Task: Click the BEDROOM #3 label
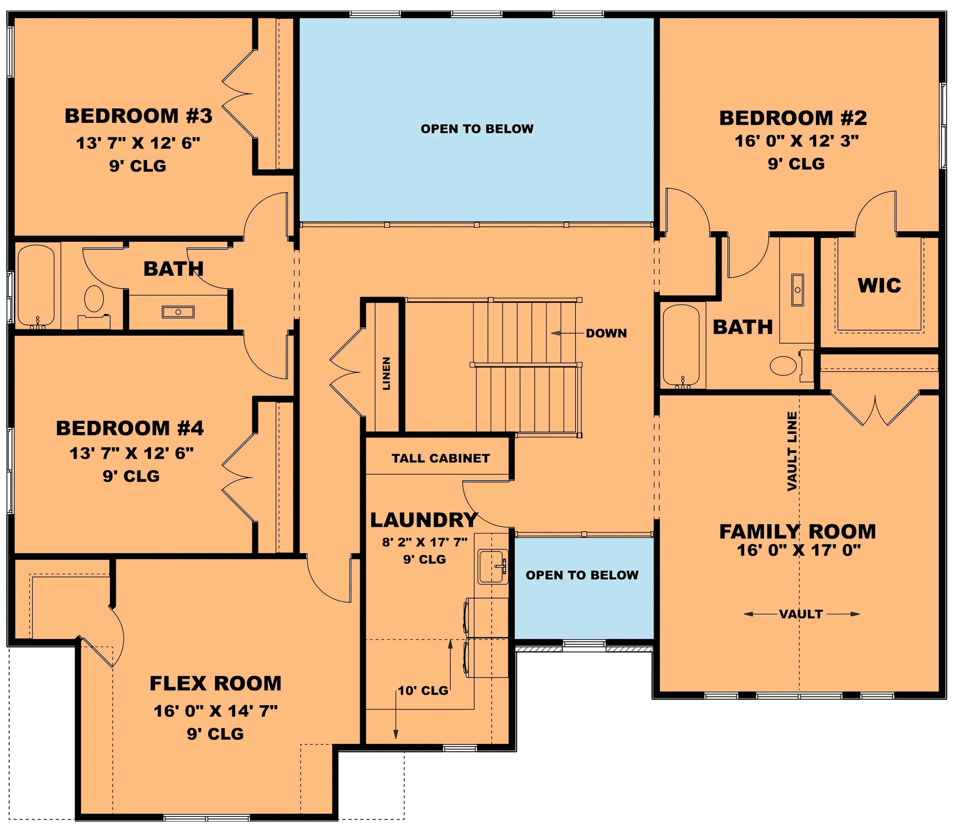coord(138,116)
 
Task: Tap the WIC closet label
coord(879,286)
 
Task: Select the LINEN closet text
coord(387,373)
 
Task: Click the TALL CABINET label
coord(440,458)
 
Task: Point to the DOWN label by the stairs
coord(606,333)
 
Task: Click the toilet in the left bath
coord(94,299)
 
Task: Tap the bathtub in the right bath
coord(681,345)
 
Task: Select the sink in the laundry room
coord(493,566)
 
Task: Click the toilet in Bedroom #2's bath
coord(784,366)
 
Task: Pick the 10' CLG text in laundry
coord(423,691)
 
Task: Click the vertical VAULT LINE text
coord(792,451)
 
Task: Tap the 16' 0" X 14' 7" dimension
coord(215,711)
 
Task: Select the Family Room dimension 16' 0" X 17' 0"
coord(799,550)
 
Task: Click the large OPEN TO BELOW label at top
coord(477,129)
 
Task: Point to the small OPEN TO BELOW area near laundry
coord(582,575)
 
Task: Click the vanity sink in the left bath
coord(178,312)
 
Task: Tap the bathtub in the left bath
coord(36,286)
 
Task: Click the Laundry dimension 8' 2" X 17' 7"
coord(425,542)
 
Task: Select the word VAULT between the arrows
coord(801,614)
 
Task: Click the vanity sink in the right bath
coord(797,290)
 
